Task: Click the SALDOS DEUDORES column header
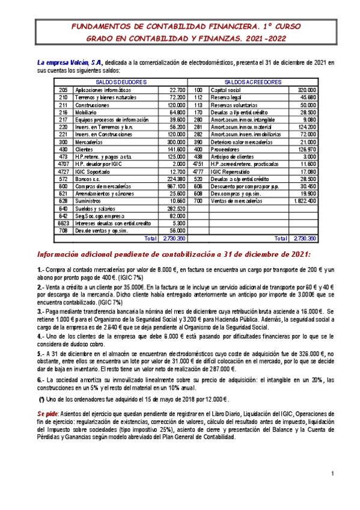coord(120,82)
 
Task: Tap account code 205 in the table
coord(63,90)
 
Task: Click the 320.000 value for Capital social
coord(307,90)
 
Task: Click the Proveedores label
coord(227,148)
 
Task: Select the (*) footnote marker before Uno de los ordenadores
coord(41,399)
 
